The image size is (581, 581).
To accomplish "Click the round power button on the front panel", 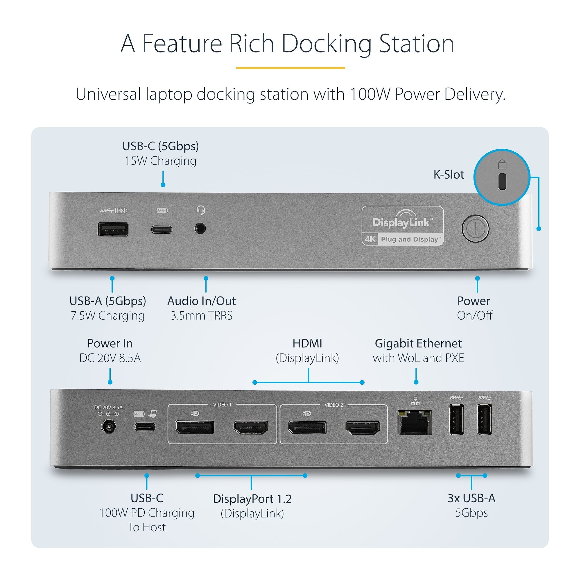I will pyautogui.click(x=475, y=229).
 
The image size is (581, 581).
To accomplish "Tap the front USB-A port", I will pyautogui.click(x=113, y=229).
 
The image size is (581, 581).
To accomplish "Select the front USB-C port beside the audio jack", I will pyautogui.click(x=162, y=230).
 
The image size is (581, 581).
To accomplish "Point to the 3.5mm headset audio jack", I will pyautogui.click(x=200, y=229).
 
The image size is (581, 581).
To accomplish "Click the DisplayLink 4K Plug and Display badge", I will pyautogui.click(x=402, y=226).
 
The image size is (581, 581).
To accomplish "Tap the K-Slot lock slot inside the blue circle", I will pyautogui.click(x=502, y=181).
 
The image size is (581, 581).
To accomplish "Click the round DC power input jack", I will pyautogui.click(x=109, y=427).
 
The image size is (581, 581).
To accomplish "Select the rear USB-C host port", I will pyautogui.click(x=145, y=427).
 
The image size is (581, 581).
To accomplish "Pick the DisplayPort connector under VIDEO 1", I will pyautogui.click(x=195, y=427).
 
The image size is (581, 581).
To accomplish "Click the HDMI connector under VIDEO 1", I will pyautogui.click(x=251, y=428).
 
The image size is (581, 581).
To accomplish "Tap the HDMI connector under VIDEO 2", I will pyautogui.click(x=363, y=428).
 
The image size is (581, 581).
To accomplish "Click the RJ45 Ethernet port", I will pyautogui.click(x=415, y=422).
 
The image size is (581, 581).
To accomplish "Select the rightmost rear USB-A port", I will pyautogui.click(x=485, y=419).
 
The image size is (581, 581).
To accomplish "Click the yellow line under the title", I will pyautogui.click(x=290, y=68).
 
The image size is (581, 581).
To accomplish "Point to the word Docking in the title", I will pyautogui.click(x=326, y=44).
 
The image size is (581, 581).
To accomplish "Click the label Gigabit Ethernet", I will pyautogui.click(x=418, y=343).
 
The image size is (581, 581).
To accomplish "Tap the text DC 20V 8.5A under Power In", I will pyautogui.click(x=110, y=358).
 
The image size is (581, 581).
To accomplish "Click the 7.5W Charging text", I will pyautogui.click(x=108, y=315).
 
